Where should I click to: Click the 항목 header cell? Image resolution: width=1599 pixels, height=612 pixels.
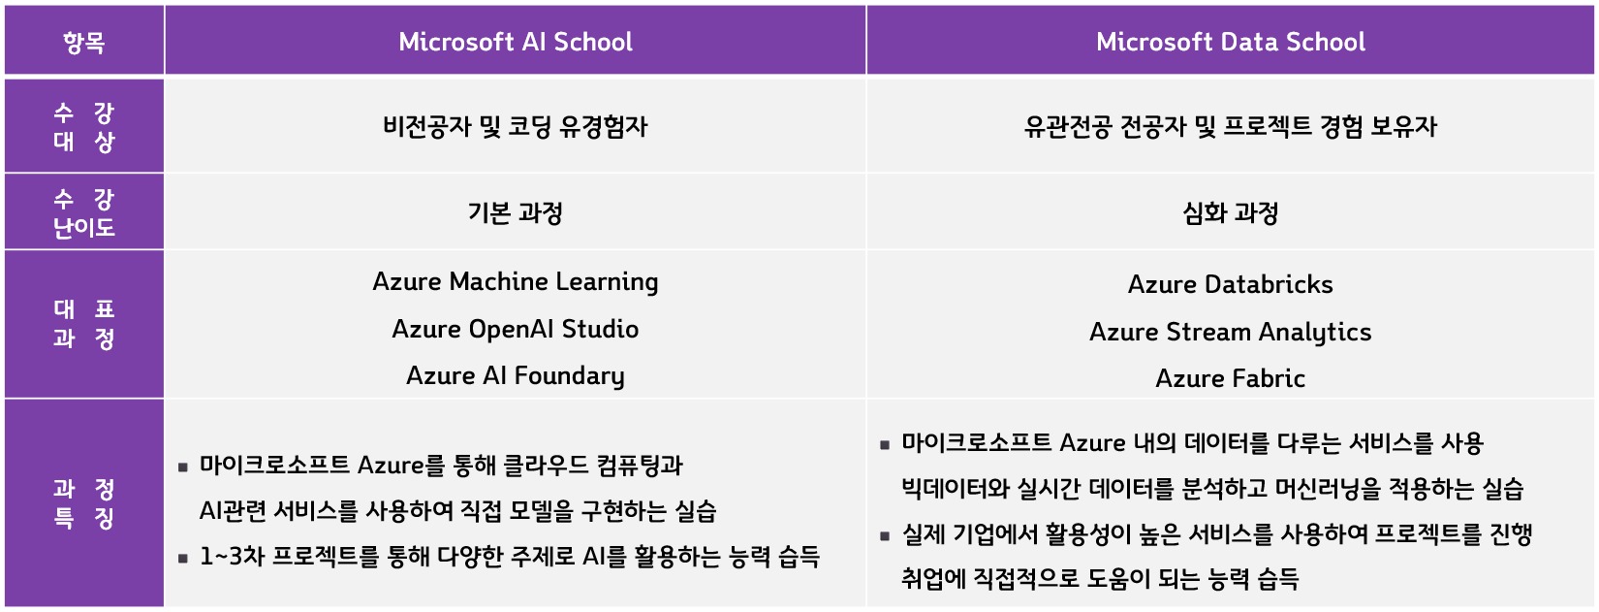click(83, 42)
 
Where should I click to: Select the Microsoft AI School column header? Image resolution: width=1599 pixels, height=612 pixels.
click(515, 42)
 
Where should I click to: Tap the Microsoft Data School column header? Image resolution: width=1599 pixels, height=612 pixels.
click(1230, 42)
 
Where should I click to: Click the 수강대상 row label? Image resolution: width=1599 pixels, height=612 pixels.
click(83, 127)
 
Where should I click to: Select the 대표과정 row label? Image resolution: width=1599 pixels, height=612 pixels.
click(83, 324)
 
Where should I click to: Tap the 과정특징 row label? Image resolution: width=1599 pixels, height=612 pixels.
click(83, 503)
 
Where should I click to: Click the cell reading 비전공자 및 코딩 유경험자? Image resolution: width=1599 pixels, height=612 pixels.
click(515, 127)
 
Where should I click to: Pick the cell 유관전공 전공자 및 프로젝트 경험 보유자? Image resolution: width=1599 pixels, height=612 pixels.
click(1230, 127)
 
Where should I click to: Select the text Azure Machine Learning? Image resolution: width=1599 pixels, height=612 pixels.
click(515, 282)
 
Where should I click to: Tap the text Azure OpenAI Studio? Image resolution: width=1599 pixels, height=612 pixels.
click(515, 330)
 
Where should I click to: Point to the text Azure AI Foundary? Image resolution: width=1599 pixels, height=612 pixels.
click(515, 376)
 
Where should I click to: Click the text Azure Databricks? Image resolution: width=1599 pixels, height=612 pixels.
click(1230, 285)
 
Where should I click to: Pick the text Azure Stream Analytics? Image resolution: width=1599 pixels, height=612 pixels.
click(1230, 333)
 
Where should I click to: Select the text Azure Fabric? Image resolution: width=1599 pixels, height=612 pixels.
click(1230, 379)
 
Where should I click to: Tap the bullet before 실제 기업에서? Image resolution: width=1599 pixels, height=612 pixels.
click(885, 535)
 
